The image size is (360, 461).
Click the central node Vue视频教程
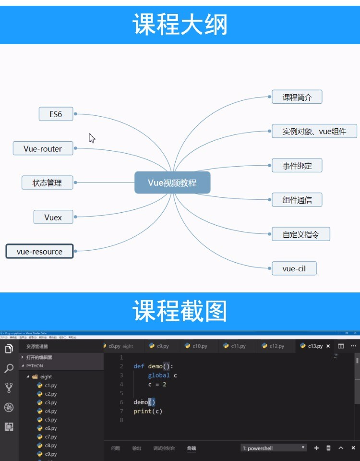172,182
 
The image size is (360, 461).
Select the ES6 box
56,114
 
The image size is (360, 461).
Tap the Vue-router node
43,148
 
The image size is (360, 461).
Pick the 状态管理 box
47,182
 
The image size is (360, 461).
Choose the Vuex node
53,217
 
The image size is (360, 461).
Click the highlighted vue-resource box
39,251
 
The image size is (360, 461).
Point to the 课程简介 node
297,97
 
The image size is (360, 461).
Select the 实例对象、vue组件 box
314,131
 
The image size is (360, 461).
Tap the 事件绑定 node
297,166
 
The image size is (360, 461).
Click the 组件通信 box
297,200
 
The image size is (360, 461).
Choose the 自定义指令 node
300,234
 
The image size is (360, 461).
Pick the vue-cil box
294,268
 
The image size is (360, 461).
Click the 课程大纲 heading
180,24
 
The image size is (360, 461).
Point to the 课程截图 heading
180,311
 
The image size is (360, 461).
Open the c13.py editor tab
312,346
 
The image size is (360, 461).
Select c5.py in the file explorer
50,420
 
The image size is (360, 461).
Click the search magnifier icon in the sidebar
9,368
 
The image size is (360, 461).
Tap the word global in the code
158,375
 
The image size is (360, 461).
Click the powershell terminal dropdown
274,448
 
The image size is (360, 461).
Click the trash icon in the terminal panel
328,448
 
